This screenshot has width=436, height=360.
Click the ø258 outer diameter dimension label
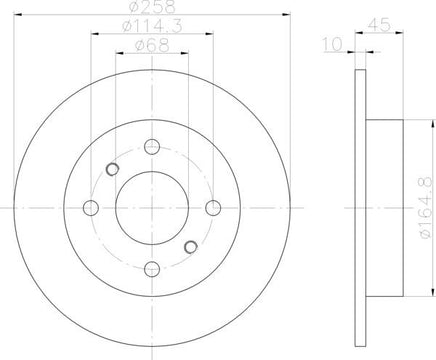[x=152, y=7]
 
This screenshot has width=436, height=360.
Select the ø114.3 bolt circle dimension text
[x=152, y=26]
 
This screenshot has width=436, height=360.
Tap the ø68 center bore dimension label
[x=152, y=46]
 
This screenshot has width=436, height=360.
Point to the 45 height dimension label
[x=379, y=25]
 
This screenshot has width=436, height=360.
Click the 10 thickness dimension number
[x=332, y=44]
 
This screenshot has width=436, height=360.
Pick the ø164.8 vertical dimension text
[x=426, y=208]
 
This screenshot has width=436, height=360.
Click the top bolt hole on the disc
[x=152, y=147]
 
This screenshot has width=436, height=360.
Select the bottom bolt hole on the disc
[x=152, y=269]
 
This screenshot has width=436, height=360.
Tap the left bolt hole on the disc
[x=91, y=208]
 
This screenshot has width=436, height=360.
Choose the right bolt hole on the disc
[x=213, y=208]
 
